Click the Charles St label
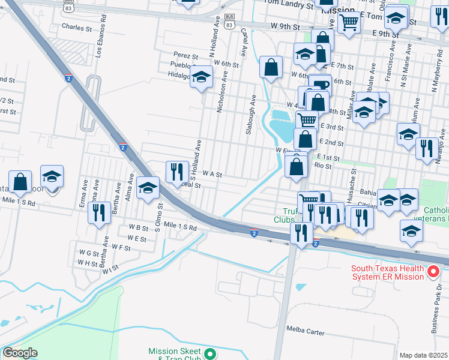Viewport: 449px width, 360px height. [x=76, y=27]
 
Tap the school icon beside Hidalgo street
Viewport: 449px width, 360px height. [x=202, y=77]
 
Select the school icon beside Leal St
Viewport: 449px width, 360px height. [x=147, y=188]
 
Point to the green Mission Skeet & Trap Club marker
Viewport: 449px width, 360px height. [x=209, y=353]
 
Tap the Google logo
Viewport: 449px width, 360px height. [x=20, y=353]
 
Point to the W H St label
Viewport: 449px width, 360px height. [x=87, y=263]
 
